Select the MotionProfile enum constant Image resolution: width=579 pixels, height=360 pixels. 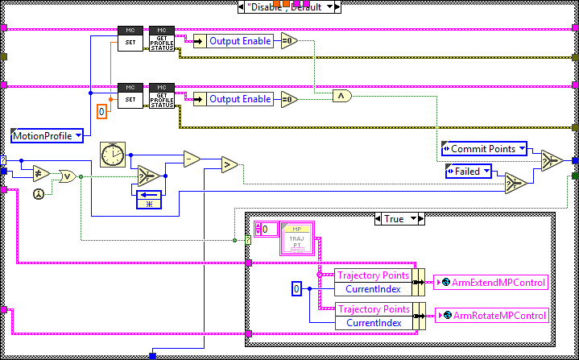pyautogui.click(x=47, y=135)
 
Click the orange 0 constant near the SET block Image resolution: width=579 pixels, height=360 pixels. pyautogui.click(x=101, y=111)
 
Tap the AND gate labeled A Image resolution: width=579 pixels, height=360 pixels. pyautogui.click(x=342, y=96)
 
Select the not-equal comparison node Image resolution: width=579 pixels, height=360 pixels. pyautogui.click(x=40, y=175)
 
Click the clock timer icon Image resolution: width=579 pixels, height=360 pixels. pyautogui.click(x=112, y=154)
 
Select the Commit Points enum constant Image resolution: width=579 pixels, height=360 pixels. pyautogui.click(x=483, y=149)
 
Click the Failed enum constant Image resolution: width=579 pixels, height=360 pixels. pyautogui.click(x=468, y=171)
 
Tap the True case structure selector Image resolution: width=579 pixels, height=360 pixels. pyautogui.click(x=399, y=218)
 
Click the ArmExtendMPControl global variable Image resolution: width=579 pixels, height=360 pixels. pyautogui.click(x=491, y=282)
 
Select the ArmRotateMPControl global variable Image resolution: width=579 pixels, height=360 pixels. pyautogui.click(x=491, y=316)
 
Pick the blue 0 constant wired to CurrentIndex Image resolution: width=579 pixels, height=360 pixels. pyautogui.click(x=296, y=288)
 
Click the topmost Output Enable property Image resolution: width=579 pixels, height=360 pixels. pyautogui.click(x=240, y=39)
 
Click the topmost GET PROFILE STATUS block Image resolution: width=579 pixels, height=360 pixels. pyautogui.click(x=162, y=39)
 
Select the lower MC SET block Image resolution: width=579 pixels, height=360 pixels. pyautogui.click(x=130, y=95)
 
